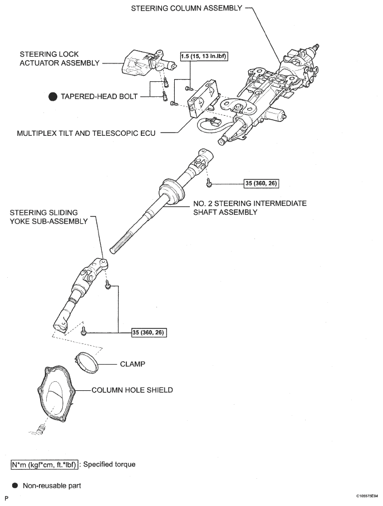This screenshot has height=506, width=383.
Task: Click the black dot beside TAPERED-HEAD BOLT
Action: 53,96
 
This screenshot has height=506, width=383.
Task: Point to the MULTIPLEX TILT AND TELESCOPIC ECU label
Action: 86,133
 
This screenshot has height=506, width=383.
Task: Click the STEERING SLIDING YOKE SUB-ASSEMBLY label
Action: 49,217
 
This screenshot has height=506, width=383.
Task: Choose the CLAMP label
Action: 132,365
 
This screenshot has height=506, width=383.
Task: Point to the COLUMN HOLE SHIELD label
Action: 132,390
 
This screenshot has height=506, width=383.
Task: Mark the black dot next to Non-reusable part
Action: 13,485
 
